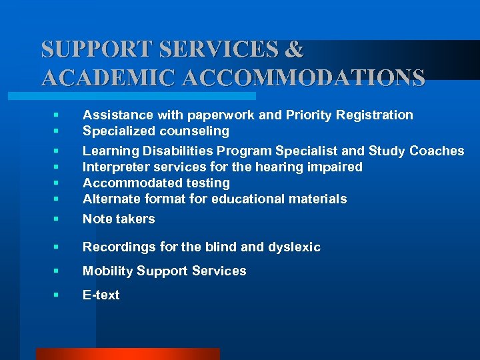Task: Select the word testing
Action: coord(207,183)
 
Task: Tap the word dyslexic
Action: coord(295,247)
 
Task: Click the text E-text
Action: coord(101,295)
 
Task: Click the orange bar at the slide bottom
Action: coord(127,354)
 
